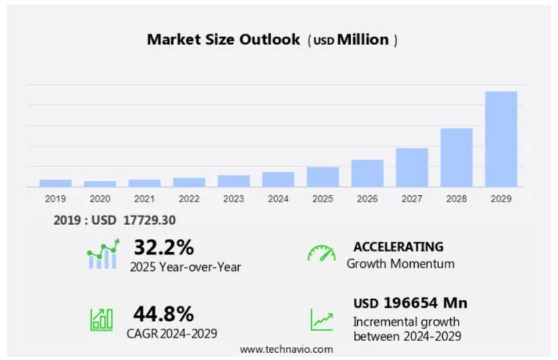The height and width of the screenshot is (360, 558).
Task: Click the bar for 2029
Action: [501, 139]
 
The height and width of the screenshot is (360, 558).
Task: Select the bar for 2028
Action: [457, 157]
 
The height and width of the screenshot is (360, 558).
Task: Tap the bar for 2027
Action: [412, 167]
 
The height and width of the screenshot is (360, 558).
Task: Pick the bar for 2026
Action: [368, 173]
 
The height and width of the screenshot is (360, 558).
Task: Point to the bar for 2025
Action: [323, 177]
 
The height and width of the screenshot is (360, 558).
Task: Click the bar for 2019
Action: [56, 183]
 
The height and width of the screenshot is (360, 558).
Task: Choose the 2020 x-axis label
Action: [100, 198]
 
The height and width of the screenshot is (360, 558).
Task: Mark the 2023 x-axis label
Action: [234, 198]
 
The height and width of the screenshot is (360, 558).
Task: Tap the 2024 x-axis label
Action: [278, 198]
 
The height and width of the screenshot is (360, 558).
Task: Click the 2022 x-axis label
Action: [189, 198]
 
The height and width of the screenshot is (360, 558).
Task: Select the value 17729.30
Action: [149, 220]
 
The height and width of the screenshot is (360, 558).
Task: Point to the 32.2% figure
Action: [164, 247]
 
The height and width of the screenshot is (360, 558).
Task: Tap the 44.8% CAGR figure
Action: [164, 314]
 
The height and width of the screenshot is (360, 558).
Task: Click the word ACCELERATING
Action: [398, 247]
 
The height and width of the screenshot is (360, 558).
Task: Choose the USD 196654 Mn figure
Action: [410, 303]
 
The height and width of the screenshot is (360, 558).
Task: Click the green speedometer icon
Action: [321, 254]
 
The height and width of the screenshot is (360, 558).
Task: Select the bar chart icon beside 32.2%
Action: [103, 254]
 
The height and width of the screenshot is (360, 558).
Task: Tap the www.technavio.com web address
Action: [287, 349]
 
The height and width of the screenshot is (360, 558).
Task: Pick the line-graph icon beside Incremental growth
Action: [321, 319]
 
